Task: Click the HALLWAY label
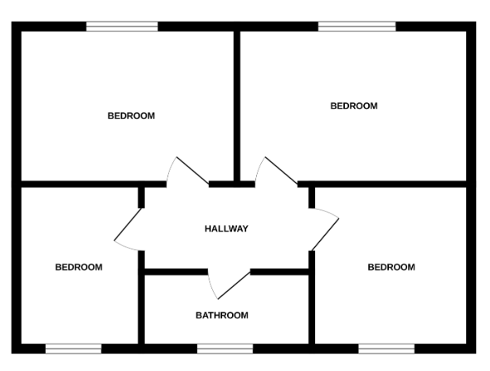point(226,229)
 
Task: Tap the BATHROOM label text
point(222,315)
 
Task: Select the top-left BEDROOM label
point(131,115)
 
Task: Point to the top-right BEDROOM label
point(354,105)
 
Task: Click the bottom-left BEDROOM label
point(79,267)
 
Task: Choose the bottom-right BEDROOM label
point(391,267)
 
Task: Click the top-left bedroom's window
point(122,27)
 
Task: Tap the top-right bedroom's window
point(357,27)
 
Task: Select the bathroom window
point(225,349)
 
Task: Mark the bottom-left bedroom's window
point(74,349)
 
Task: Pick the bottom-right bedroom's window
point(386,349)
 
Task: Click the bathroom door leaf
point(234,286)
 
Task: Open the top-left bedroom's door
point(192,170)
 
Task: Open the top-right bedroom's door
point(281,170)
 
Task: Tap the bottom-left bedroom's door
point(128,224)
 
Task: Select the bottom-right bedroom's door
point(325,234)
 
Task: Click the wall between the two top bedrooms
point(237,105)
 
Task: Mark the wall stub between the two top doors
point(232,184)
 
